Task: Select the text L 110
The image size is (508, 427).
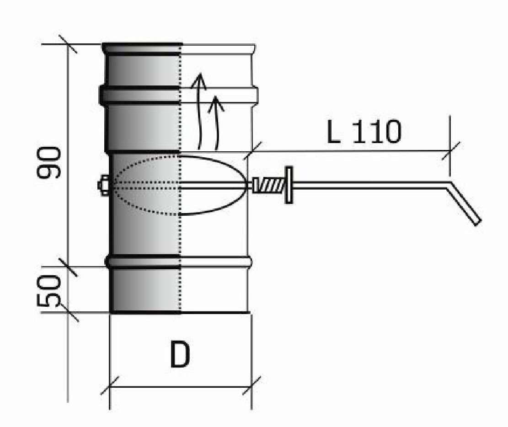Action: [x=364, y=132]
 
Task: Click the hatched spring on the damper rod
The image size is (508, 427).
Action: [x=270, y=185]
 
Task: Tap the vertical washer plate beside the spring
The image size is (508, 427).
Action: [x=289, y=185]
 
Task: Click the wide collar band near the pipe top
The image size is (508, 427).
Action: [x=178, y=95]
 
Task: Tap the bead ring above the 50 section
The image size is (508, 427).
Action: [x=178, y=262]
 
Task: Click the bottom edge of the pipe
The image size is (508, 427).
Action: [x=181, y=313]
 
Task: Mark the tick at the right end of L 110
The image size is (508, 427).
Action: [x=450, y=150]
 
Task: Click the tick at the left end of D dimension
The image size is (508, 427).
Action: [x=110, y=386]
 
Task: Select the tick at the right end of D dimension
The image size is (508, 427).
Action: [x=252, y=386]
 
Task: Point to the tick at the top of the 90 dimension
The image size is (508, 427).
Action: [x=68, y=44]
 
